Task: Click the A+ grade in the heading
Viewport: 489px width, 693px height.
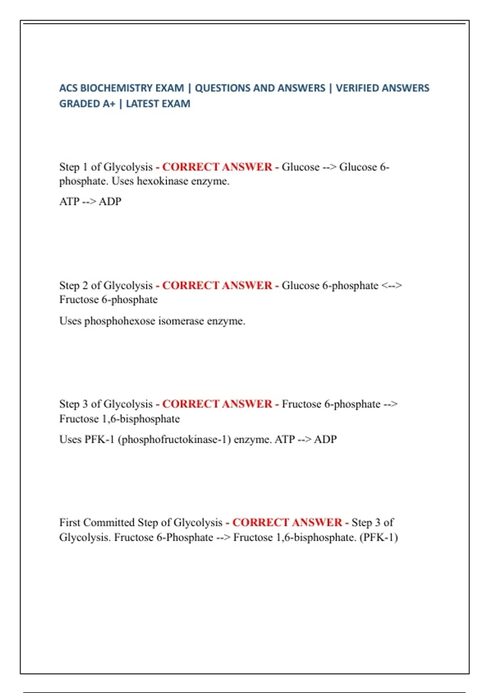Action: click(x=109, y=104)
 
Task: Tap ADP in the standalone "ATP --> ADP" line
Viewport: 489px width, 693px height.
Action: click(x=110, y=201)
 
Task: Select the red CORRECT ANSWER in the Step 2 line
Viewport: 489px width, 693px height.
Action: click(x=217, y=285)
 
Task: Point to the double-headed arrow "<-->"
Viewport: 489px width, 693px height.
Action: click(x=392, y=285)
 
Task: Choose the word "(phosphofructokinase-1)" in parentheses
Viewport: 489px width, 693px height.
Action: click(x=174, y=439)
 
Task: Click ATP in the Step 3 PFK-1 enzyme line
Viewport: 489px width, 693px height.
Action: click(x=285, y=439)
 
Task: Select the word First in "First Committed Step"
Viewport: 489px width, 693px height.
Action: click(x=70, y=523)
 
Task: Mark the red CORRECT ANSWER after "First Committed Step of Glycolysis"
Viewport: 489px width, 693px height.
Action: click(x=287, y=523)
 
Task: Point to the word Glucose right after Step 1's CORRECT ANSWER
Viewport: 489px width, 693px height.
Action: click(x=301, y=167)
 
